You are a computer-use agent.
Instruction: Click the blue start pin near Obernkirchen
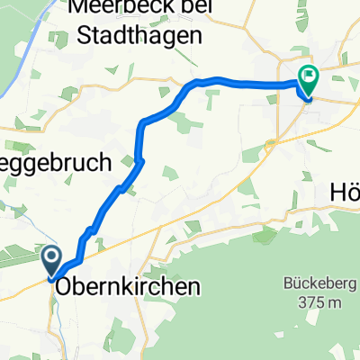pyautogui.click(x=50, y=262)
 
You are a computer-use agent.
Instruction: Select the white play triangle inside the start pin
pyautogui.click(x=50, y=259)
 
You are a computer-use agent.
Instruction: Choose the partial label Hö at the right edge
pyautogui.click(x=343, y=192)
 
